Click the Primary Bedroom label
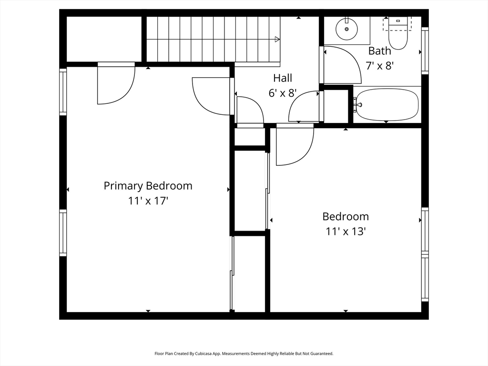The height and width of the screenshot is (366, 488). tap(148, 186)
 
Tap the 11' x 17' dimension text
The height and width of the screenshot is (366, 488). tap(148, 201)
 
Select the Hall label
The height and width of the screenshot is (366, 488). tap(283, 78)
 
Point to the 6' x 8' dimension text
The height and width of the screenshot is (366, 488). tap(283, 93)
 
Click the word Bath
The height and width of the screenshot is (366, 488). tap(380, 51)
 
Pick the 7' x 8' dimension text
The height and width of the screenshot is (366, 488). tap(380, 66)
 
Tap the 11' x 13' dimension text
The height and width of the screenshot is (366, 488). tap(346, 232)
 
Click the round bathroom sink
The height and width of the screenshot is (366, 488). tap(347, 29)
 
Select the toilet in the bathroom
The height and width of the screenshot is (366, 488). tap(398, 33)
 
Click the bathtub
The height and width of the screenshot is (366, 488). tap(387, 104)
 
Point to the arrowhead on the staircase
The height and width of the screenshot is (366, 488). tap(277, 39)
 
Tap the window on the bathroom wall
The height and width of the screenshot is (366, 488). tap(425, 51)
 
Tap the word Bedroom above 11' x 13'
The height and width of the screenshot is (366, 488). tap(346, 217)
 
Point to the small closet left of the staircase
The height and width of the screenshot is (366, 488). tap(104, 39)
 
